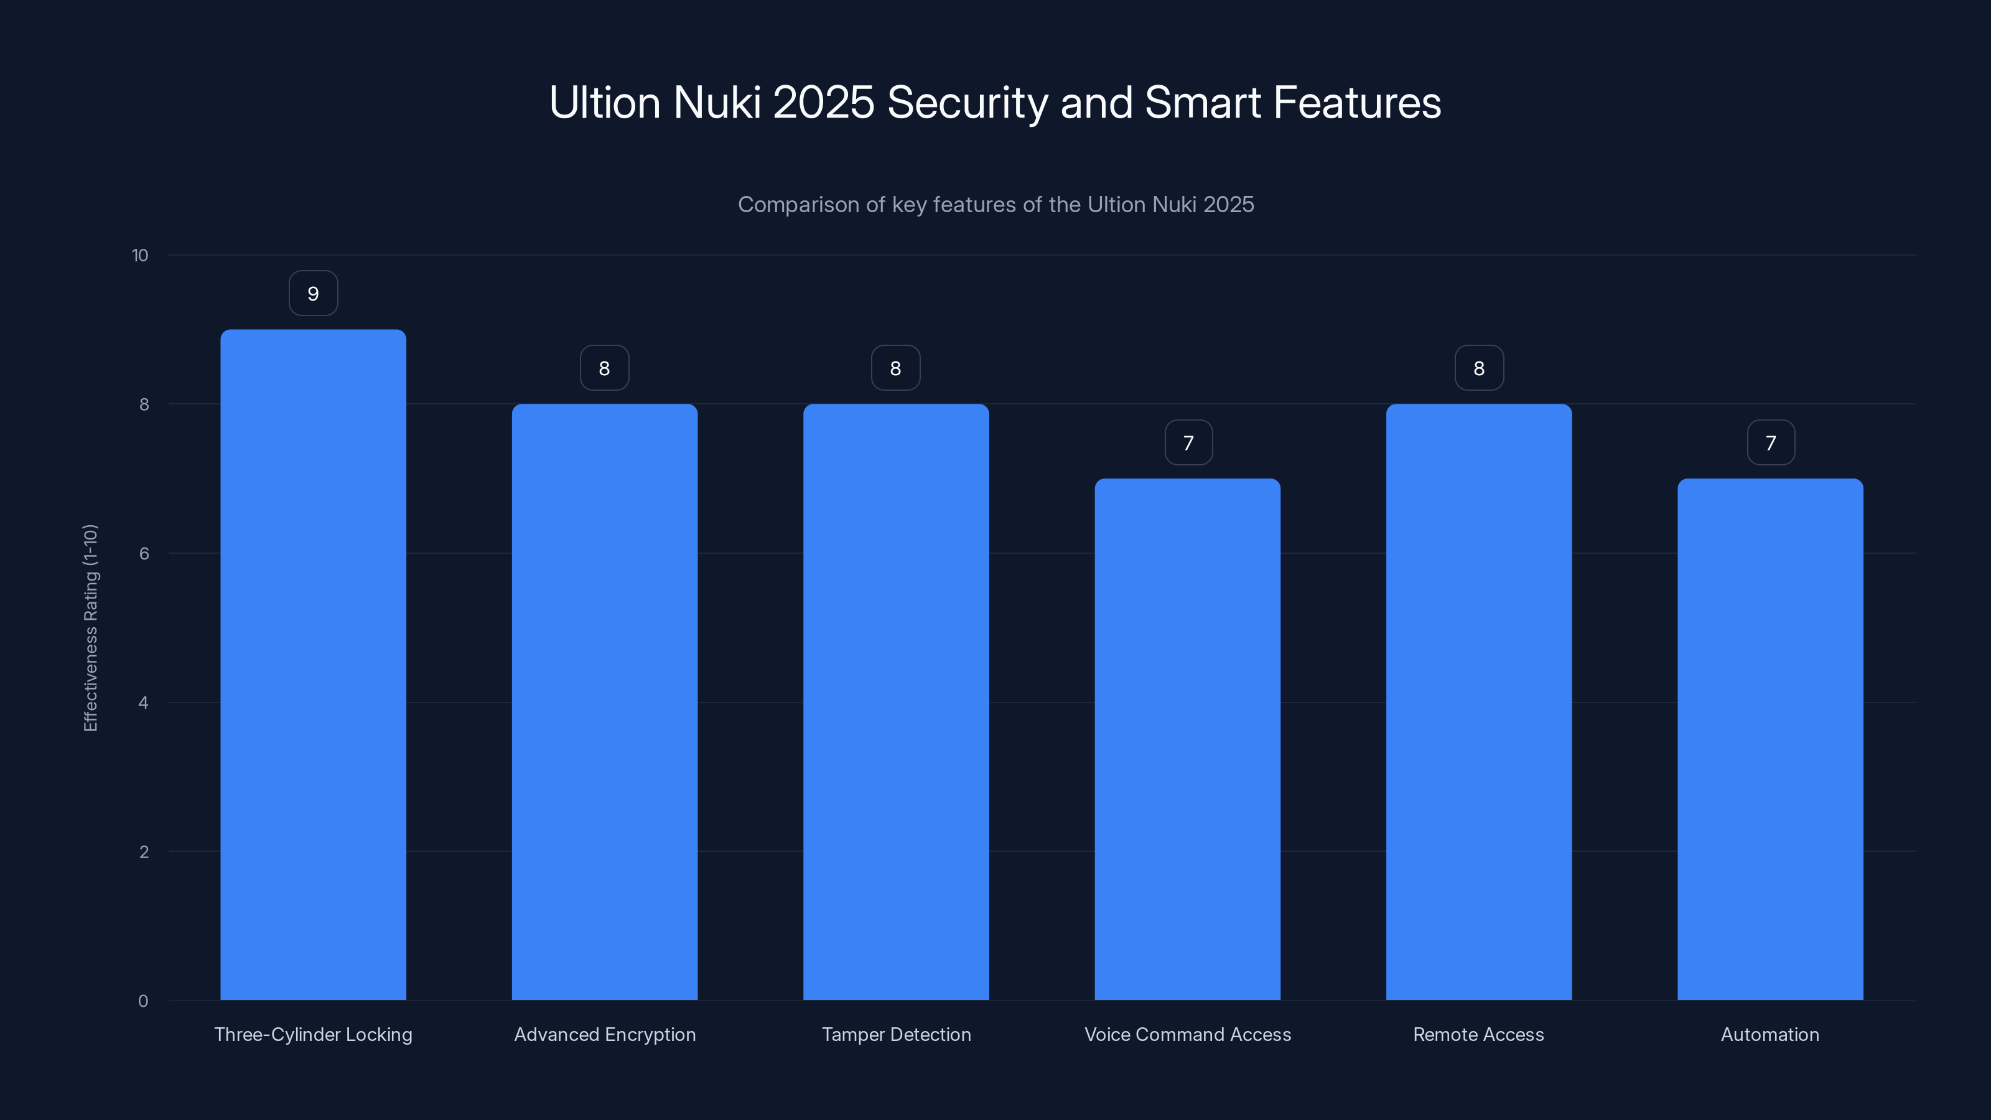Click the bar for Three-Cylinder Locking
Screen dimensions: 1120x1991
[313, 665]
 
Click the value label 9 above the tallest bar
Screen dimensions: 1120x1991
[313, 294]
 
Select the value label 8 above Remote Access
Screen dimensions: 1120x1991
[1478, 369]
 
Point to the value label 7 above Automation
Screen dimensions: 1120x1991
[1771, 443]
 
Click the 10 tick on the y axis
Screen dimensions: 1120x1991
[140, 256]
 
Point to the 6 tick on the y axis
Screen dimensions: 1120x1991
[144, 553]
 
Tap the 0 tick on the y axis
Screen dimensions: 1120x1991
[143, 1001]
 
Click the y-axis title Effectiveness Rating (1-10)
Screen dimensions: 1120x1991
[90, 628]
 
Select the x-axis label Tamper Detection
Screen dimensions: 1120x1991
[896, 1034]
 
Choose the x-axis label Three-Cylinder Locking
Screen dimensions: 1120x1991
[313, 1034]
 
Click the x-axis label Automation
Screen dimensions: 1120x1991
[1770, 1034]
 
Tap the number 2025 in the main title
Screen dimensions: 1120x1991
[823, 103]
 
